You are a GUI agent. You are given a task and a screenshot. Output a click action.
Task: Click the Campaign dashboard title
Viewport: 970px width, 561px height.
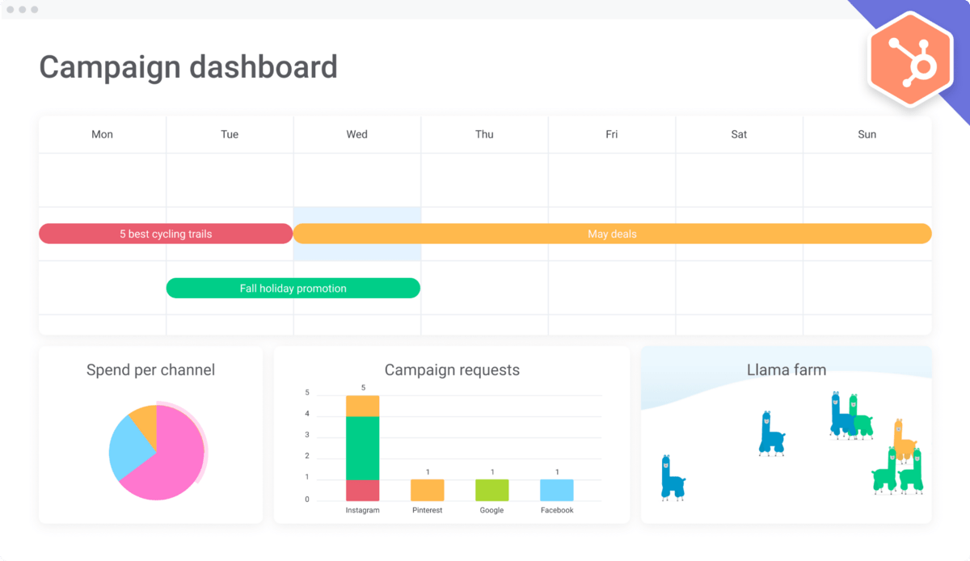[188, 66]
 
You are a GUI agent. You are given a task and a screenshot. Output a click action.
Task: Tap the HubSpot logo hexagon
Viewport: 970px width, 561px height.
[910, 61]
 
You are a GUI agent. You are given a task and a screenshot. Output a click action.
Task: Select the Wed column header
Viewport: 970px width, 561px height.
[356, 134]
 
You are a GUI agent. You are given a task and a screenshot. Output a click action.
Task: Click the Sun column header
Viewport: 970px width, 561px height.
[867, 134]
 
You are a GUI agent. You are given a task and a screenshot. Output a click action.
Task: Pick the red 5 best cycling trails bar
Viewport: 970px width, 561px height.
[166, 234]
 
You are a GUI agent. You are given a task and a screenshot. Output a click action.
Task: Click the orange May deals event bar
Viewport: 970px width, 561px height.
[612, 234]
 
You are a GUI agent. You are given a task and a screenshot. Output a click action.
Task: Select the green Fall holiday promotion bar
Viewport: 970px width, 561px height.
[293, 288]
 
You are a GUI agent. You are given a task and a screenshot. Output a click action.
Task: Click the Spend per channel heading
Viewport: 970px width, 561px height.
[150, 370]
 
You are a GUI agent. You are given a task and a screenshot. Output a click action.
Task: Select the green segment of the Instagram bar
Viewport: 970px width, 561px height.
[362, 447]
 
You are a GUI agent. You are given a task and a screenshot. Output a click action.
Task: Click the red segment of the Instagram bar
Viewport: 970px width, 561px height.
[362, 490]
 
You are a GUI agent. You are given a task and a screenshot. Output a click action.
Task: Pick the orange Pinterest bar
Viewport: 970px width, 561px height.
[427, 490]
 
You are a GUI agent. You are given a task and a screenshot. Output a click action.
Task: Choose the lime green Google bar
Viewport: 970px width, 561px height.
[491, 490]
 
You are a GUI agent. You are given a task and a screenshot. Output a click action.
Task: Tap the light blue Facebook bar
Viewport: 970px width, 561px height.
[557, 490]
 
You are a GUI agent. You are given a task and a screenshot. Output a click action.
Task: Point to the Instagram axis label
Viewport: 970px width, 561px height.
[362, 510]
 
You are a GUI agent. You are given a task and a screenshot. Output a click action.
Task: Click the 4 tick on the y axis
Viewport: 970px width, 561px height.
[306, 414]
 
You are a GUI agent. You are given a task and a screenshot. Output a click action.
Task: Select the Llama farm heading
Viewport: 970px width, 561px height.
[786, 370]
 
